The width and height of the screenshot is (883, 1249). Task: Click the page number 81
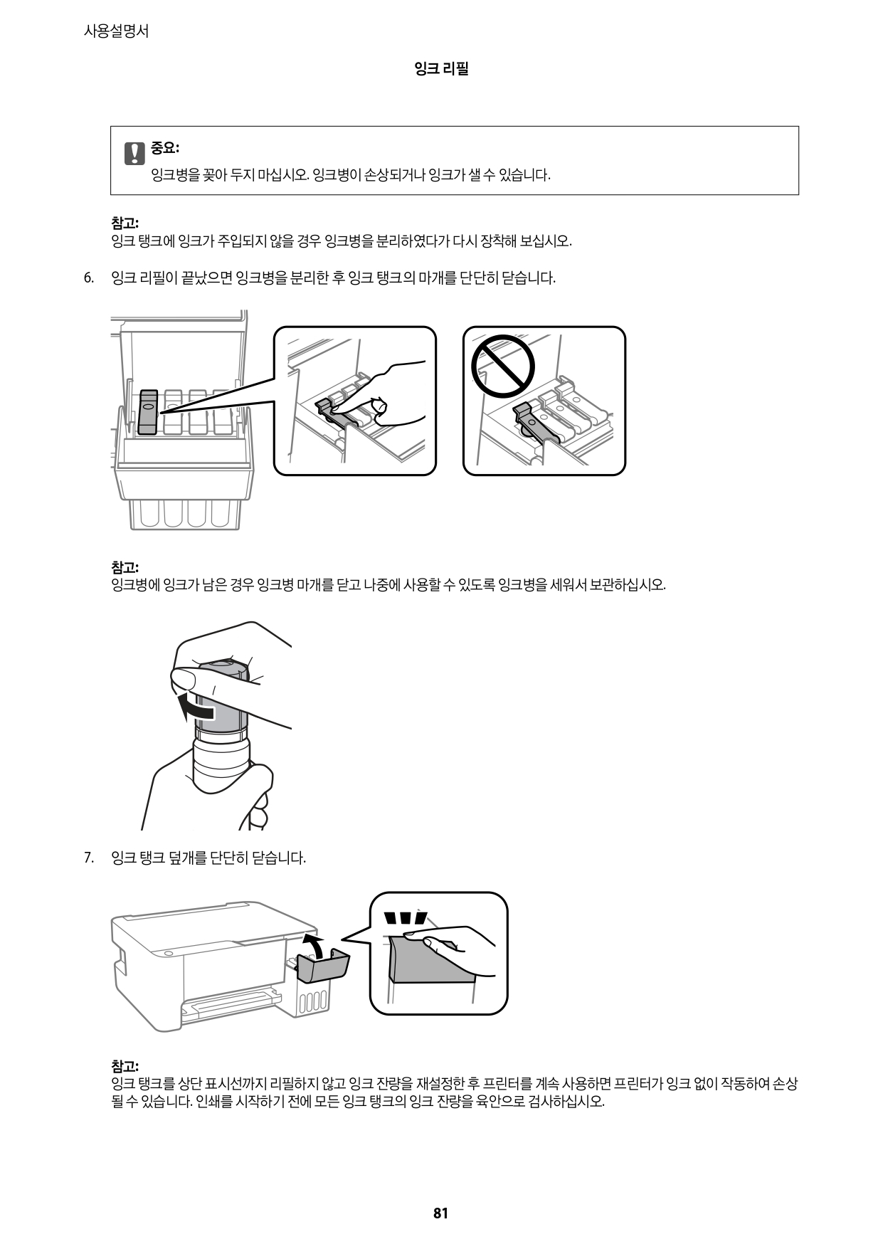[440, 1213]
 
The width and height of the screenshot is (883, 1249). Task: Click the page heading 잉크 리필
[441, 69]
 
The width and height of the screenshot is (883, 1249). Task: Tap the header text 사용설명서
[116, 31]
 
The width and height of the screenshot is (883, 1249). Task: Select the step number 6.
[88, 278]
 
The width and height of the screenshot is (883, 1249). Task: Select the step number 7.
[88, 858]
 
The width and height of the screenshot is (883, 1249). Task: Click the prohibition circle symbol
[502, 366]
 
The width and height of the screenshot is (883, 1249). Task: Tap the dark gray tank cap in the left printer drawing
[148, 411]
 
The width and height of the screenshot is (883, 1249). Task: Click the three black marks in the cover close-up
[405, 918]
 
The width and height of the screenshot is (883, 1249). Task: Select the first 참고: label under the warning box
[125, 222]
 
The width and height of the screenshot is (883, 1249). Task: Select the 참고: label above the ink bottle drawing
[125, 567]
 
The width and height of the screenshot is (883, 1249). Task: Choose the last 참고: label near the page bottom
[125, 1066]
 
